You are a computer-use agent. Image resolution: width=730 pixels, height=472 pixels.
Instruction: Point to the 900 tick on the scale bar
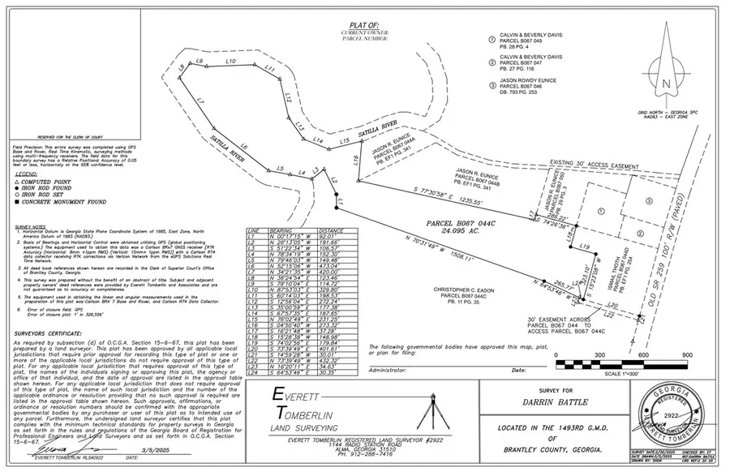(687, 354)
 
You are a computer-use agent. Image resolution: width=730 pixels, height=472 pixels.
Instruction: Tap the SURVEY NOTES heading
(31, 227)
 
